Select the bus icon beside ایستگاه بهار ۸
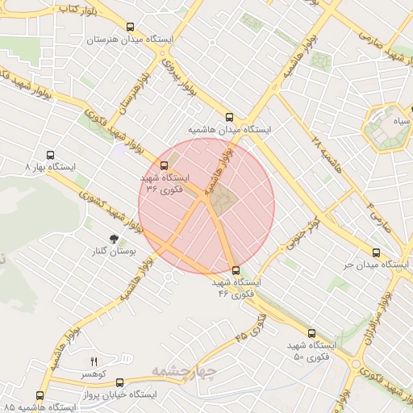click(x=51, y=155)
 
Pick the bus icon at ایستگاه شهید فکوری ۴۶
click(x=236, y=271)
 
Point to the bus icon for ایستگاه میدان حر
click(x=377, y=252)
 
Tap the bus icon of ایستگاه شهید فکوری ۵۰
click(x=311, y=332)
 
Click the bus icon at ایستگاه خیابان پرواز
click(x=120, y=383)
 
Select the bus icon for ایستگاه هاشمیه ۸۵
click(x=40, y=395)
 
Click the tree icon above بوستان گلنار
click(x=114, y=239)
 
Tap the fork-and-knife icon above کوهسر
click(x=94, y=361)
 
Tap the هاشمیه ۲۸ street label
click(x=317, y=145)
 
